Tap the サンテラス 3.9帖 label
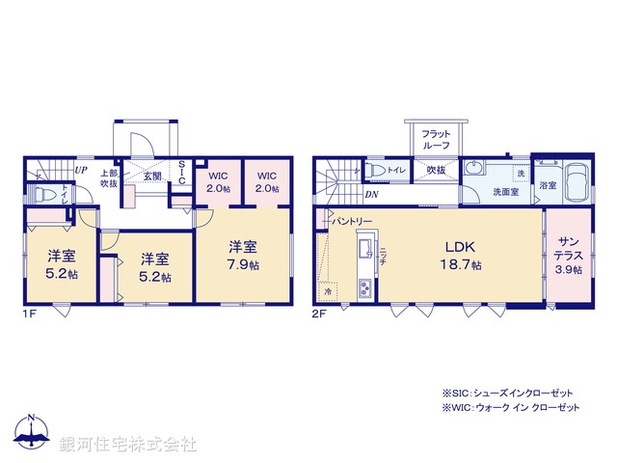[x=567, y=256]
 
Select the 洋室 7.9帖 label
[x=241, y=255]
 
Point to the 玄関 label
[x=153, y=176]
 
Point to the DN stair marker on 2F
[x=371, y=194]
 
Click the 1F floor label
[x=30, y=313]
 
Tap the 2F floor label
[x=319, y=313]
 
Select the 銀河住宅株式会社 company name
[x=127, y=445]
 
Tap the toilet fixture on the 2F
[x=380, y=172]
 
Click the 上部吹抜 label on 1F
[x=108, y=178]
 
